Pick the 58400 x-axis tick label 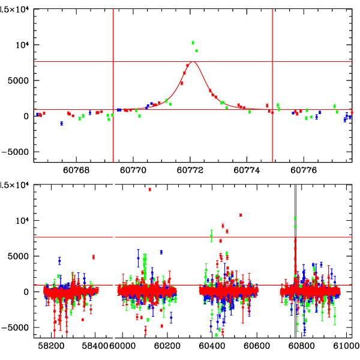95,346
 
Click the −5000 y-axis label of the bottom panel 21,328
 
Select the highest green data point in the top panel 193,43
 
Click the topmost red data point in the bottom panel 149,190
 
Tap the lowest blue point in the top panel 61,123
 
